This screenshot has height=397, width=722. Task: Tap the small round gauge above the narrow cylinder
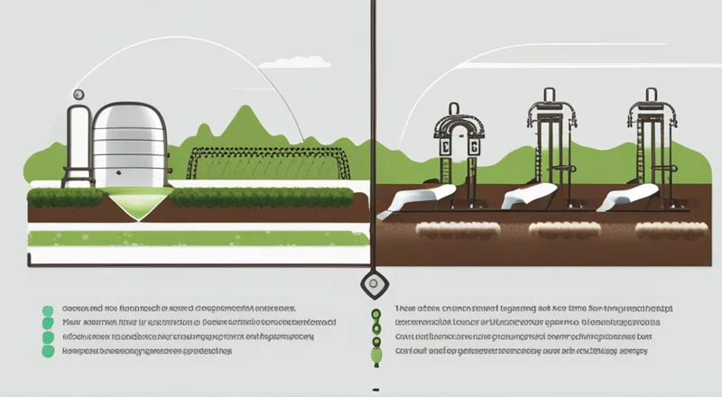tap(79, 94)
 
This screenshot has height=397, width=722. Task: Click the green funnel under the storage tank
tap(135, 201)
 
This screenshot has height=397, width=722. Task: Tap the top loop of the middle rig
tap(549, 96)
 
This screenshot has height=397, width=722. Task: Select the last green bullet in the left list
tap(48, 353)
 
